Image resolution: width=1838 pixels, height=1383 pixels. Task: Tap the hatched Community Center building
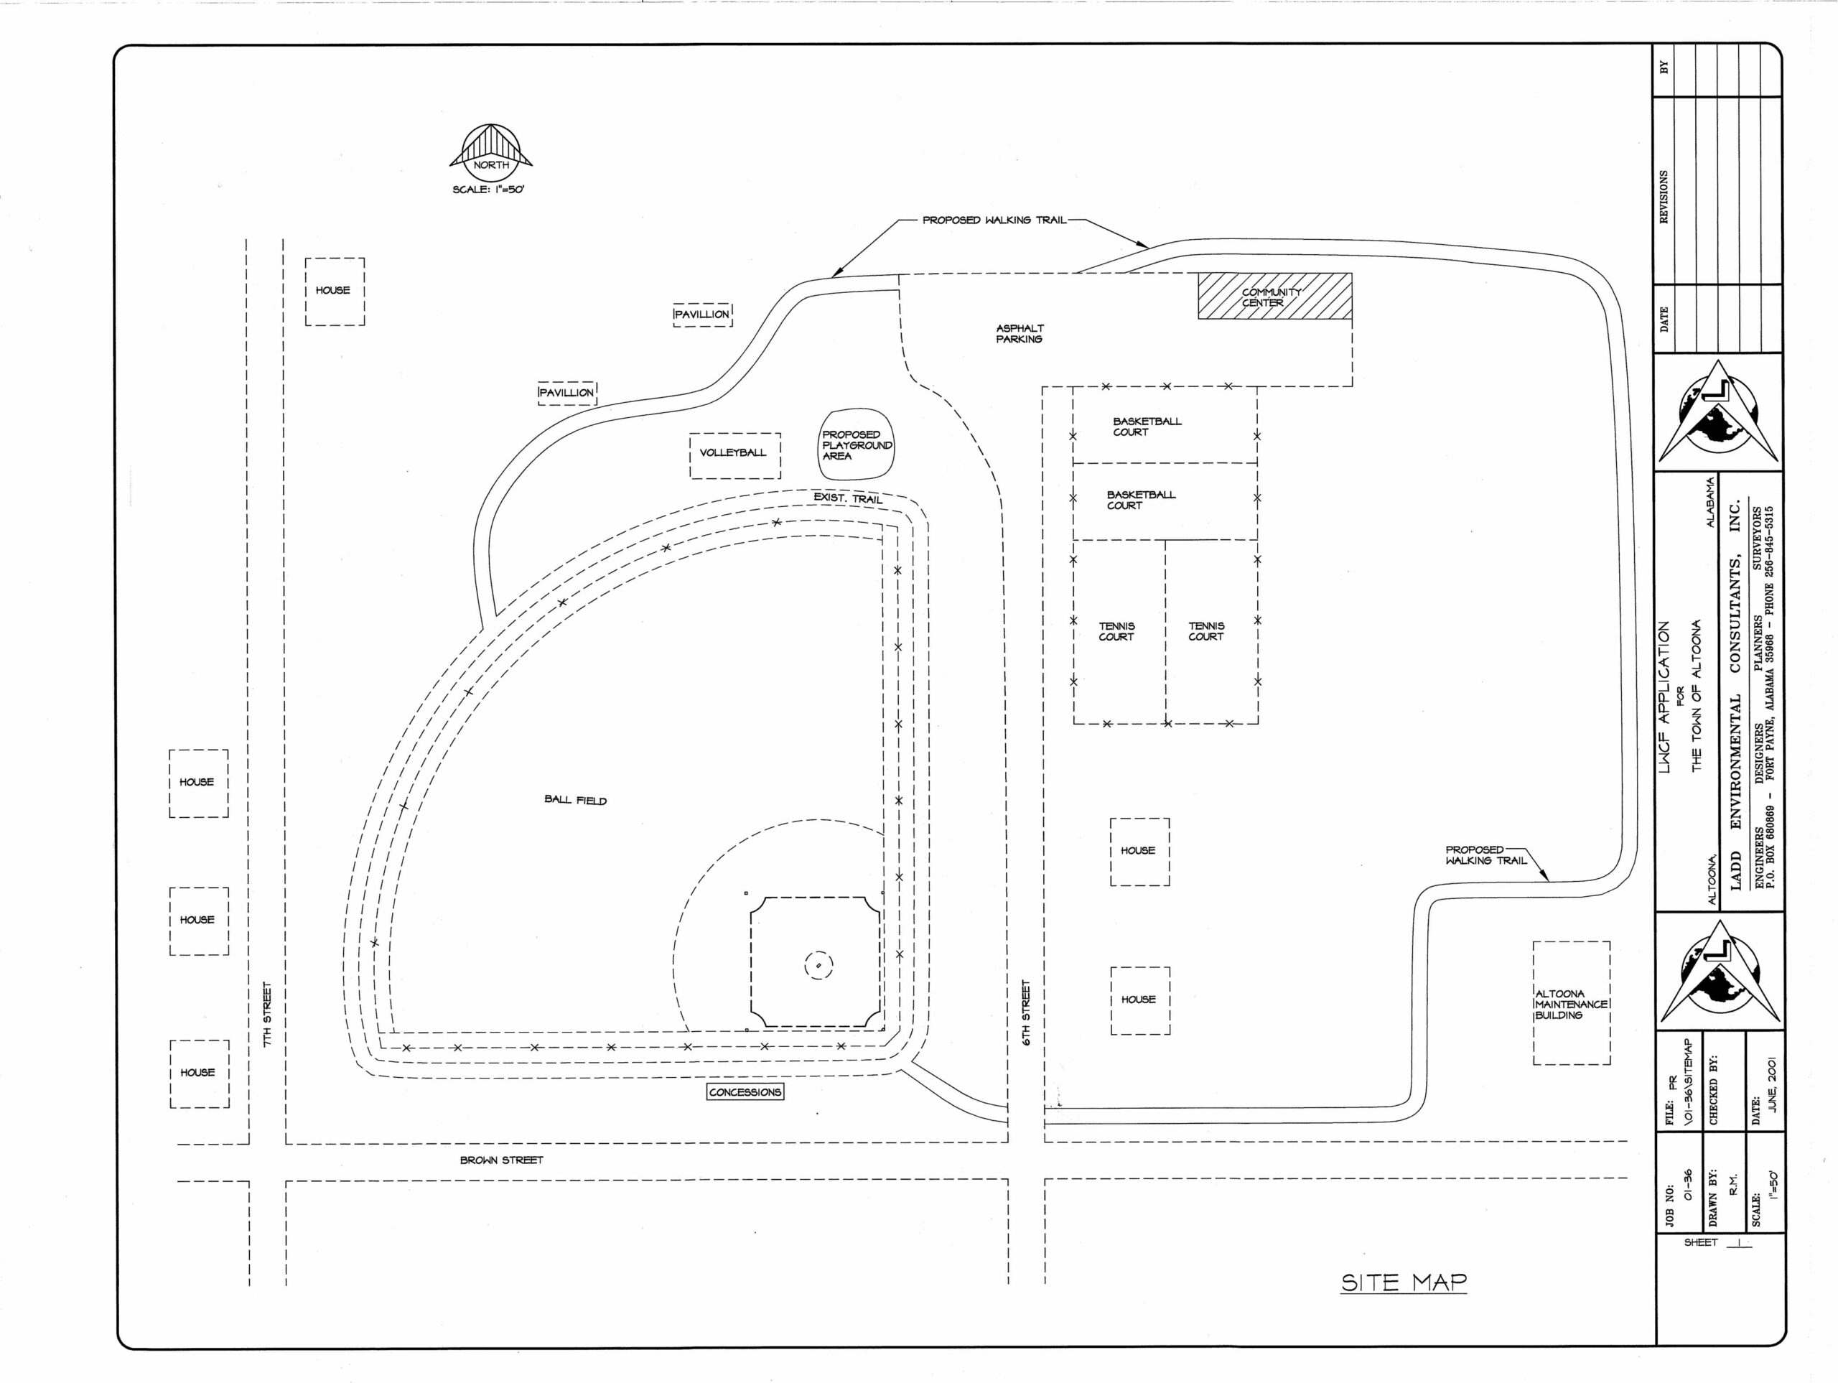pyautogui.click(x=1274, y=296)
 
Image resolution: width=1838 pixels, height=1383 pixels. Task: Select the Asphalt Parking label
pyautogui.click(x=1020, y=333)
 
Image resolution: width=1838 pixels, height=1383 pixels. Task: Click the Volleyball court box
pyautogui.click(x=735, y=455)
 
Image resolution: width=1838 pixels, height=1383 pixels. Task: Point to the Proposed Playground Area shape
pyautogui.click(x=857, y=444)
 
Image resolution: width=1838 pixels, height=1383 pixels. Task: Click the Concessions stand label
pyautogui.click(x=745, y=1092)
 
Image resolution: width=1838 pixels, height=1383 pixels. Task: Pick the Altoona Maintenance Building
pyautogui.click(x=1571, y=1002)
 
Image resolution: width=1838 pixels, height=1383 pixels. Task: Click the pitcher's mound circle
pyautogui.click(x=818, y=965)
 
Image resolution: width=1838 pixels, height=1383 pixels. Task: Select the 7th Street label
pyautogui.click(x=268, y=1014)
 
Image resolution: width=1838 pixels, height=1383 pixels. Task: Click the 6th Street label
pyautogui.click(x=1026, y=1012)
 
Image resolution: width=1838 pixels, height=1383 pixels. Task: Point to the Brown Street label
pyautogui.click(x=502, y=1160)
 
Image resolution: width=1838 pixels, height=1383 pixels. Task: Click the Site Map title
pyautogui.click(x=1404, y=1282)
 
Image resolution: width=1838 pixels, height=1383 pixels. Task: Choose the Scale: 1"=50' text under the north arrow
pyautogui.click(x=489, y=190)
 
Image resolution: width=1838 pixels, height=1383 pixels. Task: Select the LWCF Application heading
pyautogui.click(x=1664, y=697)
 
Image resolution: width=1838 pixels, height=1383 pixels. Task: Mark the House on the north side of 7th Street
pyautogui.click(x=334, y=291)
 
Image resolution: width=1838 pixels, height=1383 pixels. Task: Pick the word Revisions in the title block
pyautogui.click(x=1664, y=197)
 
